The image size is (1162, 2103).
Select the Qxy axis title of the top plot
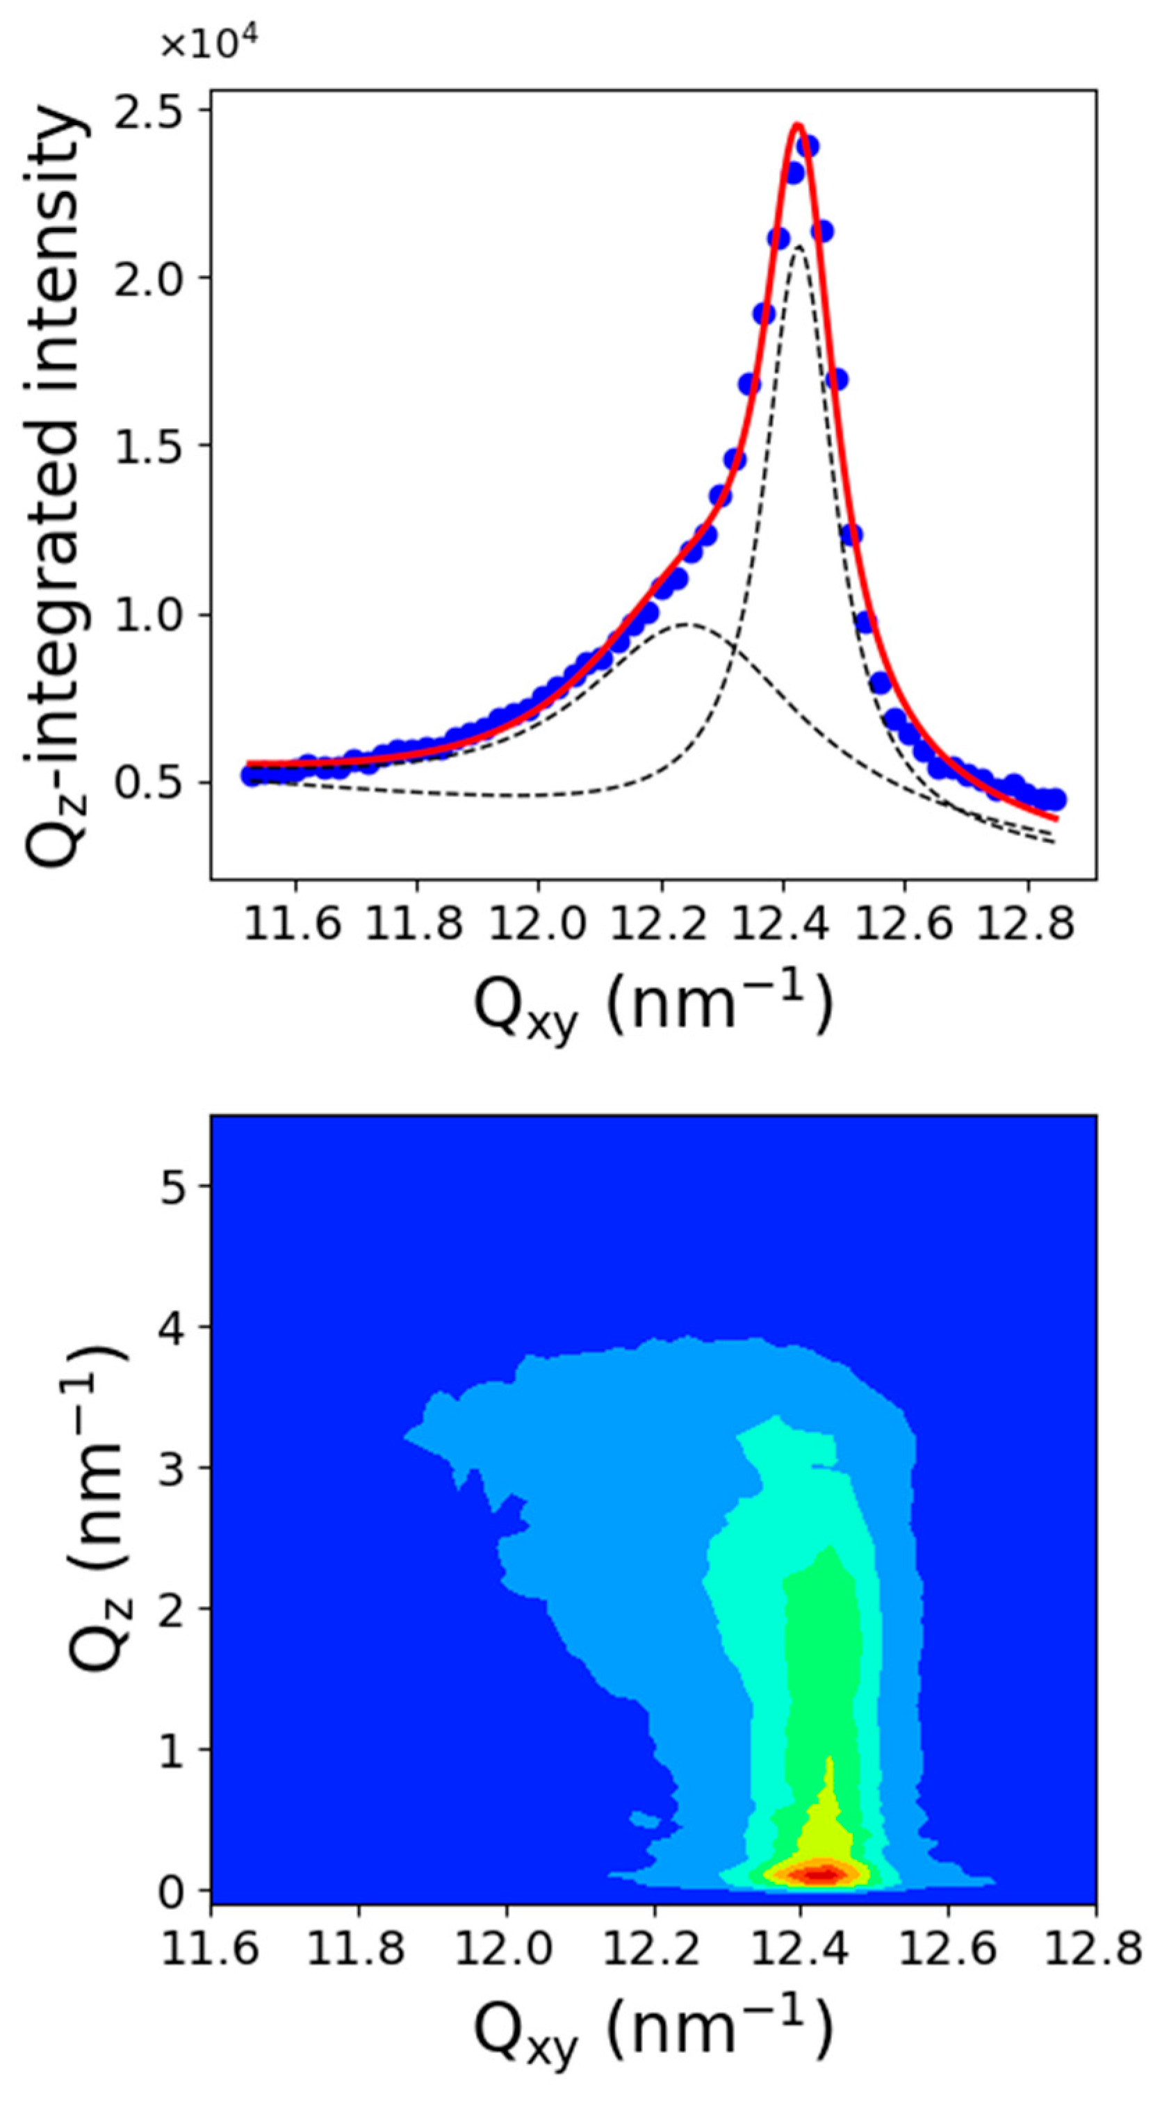coord(653,1006)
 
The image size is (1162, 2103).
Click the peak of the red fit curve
coord(798,125)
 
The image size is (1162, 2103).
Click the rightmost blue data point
coord(1055,799)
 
